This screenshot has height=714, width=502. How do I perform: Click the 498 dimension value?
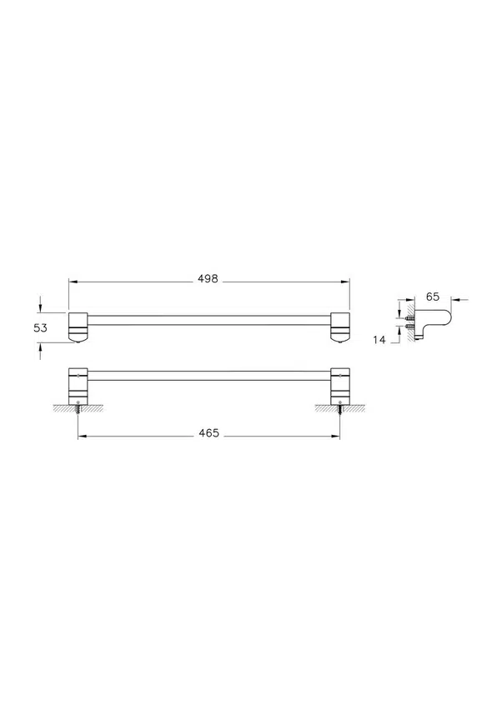click(x=208, y=278)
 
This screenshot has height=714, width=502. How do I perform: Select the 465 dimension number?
click(x=208, y=433)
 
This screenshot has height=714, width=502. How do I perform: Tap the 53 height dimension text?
click(x=40, y=327)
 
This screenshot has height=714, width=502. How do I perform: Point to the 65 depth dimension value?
click(x=432, y=297)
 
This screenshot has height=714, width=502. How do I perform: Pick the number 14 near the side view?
click(x=379, y=340)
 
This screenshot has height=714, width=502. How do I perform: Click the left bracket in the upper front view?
click(x=78, y=327)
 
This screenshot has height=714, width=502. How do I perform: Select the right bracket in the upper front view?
click(x=340, y=327)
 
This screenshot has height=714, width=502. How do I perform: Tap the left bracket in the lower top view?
click(x=78, y=385)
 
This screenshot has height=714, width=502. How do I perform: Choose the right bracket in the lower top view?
click(x=340, y=385)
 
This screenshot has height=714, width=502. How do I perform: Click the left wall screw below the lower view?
click(x=79, y=407)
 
